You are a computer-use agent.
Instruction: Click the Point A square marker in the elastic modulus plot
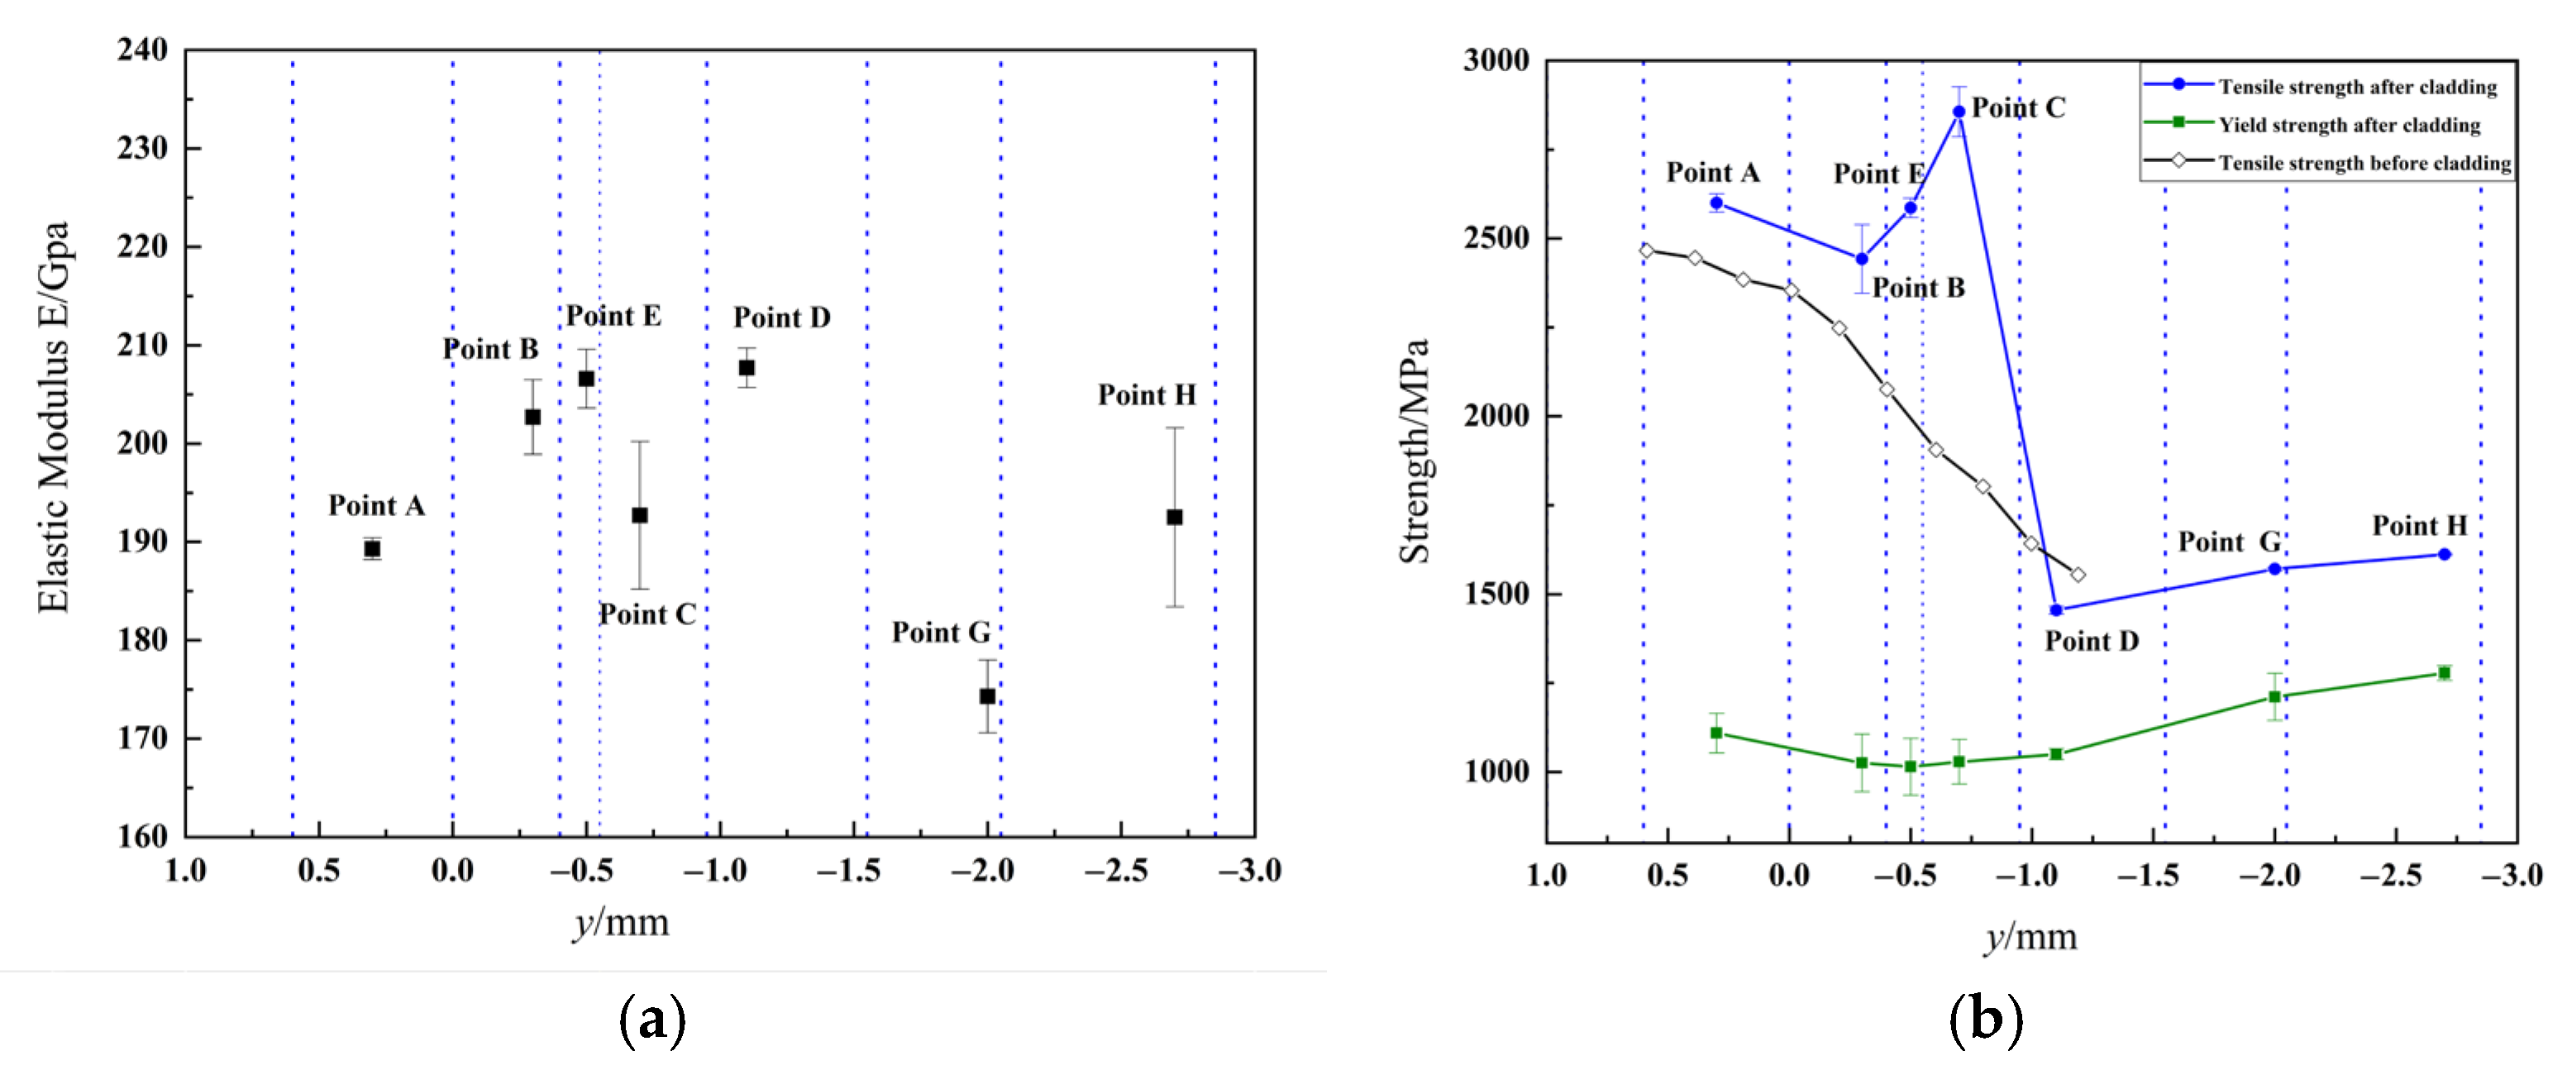coord(372,549)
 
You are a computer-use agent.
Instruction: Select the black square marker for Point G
coord(986,696)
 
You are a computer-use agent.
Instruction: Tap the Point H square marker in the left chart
coord(1174,517)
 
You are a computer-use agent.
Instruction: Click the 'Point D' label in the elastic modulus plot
coord(781,318)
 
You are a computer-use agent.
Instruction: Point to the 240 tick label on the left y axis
coord(142,49)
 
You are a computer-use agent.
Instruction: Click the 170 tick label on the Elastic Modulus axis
coord(142,738)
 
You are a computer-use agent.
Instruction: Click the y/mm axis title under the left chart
coord(621,923)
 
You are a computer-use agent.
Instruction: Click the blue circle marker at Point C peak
coord(1959,112)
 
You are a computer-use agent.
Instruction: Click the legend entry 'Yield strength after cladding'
coord(2348,125)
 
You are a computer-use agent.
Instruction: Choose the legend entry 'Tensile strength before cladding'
coord(2363,162)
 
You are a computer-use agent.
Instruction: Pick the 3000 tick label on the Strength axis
coord(1496,60)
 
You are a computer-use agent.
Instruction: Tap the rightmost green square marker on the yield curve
coord(2444,673)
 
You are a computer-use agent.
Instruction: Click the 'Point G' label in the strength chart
coord(2228,542)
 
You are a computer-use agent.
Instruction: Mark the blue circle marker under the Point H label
coord(2444,554)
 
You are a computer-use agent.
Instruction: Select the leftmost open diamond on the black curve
coord(1646,251)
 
